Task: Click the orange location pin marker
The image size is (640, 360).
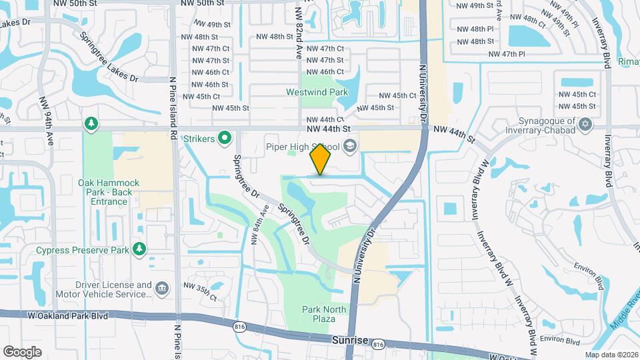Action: pyautogui.click(x=321, y=160)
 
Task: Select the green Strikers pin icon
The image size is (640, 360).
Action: pyautogui.click(x=225, y=139)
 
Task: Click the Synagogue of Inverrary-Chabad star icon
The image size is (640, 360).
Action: pyautogui.click(x=586, y=125)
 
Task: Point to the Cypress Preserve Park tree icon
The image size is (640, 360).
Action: pyautogui.click(x=139, y=249)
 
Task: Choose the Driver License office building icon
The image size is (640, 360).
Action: pyautogui.click(x=161, y=289)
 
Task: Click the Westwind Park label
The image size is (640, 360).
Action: pyautogui.click(x=313, y=91)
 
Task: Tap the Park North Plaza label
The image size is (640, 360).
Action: pyautogui.click(x=324, y=314)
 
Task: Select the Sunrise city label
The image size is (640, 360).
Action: pyautogui.click(x=349, y=340)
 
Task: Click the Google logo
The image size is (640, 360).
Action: pyautogui.click(x=22, y=351)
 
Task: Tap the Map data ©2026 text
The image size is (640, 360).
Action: pyautogui.click(x=611, y=355)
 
